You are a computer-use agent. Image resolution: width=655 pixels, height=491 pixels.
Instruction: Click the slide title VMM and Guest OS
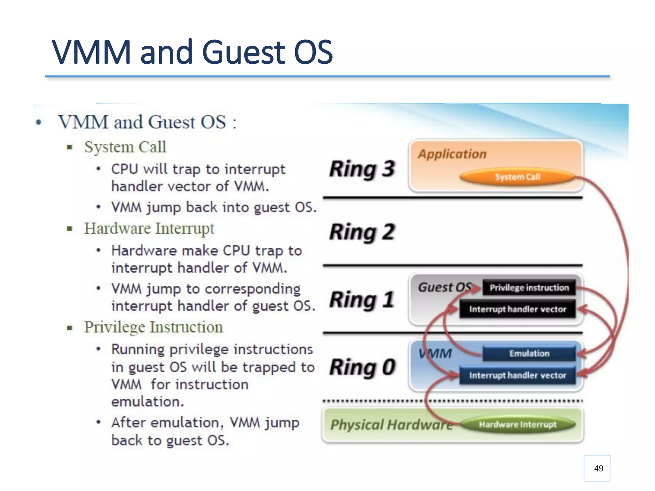(x=192, y=52)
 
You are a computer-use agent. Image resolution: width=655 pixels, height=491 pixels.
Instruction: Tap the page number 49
(x=598, y=468)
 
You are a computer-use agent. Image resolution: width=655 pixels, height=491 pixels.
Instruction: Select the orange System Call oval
(x=517, y=177)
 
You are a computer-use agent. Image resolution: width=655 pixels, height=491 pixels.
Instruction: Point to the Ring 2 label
(x=362, y=232)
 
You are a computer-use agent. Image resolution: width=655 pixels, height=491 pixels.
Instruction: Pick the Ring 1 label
(x=362, y=300)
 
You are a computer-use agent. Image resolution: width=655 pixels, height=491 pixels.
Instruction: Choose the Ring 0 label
(x=362, y=367)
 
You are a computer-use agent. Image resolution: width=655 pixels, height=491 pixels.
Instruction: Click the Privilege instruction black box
(x=529, y=288)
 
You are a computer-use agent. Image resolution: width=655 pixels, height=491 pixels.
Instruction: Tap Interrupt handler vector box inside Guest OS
(x=517, y=309)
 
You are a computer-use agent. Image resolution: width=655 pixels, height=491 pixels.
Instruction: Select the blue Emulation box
(x=529, y=354)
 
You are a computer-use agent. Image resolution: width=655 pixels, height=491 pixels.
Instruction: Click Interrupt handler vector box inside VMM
(x=517, y=375)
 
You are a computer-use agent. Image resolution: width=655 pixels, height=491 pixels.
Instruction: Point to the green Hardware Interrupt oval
(x=517, y=425)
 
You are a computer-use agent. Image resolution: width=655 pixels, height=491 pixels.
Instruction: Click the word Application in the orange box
(x=452, y=154)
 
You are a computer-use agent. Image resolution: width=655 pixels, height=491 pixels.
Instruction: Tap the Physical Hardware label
(x=391, y=425)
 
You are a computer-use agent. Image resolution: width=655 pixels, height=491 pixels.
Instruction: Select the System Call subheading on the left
(x=125, y=147)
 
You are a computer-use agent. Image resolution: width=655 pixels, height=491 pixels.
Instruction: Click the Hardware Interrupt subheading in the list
(x=149, y=229)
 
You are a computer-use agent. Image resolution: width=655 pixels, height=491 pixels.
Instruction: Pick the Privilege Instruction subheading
(x=154, y=327)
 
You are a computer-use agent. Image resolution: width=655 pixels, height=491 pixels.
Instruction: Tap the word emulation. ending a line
(x=147, y=401)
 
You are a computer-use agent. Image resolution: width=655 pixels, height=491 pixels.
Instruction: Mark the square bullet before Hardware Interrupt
(x=69, y=229)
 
